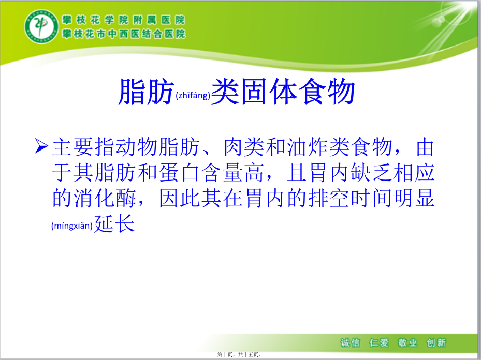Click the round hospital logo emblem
[x=41, y=26]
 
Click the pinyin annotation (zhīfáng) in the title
[x=193, y=96]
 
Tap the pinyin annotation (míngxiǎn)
[x=72, y=226]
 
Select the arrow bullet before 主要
[x=41, y=146]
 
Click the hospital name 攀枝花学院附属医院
[x=124, y=20]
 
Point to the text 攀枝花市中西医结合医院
[x=124, y=34]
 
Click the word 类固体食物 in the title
[x=283, y=92]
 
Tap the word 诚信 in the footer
[x=350, y=342]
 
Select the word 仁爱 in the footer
[x=379, y=342]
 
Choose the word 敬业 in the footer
[x=407, y=342]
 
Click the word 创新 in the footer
[x=436, y=342]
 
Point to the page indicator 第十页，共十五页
[x=239, y=355]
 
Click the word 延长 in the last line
[x=114, y=223]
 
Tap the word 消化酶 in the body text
[x=94, y=198]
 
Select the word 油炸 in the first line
[x=308, y=147]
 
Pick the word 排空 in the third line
[x=329, y=198]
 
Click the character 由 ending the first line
[x=425, y=147]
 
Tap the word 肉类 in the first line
[x=244, y=147]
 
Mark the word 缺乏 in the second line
[x=371, y=173]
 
